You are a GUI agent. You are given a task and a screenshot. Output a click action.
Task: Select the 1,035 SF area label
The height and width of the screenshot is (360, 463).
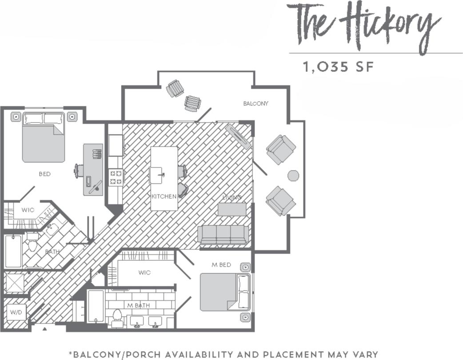(337, 67)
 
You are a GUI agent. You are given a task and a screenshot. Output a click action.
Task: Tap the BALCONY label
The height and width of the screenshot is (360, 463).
(255, 104)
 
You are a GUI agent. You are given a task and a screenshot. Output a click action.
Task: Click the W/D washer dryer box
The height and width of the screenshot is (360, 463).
(16, 312)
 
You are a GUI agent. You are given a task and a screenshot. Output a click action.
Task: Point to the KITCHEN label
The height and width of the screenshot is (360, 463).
(164, 196)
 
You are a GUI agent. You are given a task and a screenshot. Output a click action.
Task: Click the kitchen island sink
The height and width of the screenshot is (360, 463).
(157, 175)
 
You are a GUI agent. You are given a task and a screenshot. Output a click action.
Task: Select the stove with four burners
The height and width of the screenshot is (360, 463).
(116, 177)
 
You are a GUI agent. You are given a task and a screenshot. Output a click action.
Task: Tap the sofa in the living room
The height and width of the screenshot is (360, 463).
(223, 234)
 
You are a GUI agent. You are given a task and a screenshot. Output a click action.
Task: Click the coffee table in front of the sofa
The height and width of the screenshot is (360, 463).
(231, 209)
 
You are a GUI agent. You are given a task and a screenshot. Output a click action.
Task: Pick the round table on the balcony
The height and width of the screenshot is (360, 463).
(293, 176)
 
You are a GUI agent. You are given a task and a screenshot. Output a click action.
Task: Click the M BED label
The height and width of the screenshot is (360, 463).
(221, 265)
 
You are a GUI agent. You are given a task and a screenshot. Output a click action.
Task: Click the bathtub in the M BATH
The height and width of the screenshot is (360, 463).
(96, 306)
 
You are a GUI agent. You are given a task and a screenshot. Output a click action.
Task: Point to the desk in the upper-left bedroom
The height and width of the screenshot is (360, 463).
(93, 169)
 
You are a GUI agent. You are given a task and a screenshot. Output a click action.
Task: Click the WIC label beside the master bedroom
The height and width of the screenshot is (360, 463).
(144, 272)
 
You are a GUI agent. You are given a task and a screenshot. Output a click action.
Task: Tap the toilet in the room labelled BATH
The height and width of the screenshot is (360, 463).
(32, 243)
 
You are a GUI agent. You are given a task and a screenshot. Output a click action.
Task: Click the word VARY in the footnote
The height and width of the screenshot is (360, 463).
(363, 354)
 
